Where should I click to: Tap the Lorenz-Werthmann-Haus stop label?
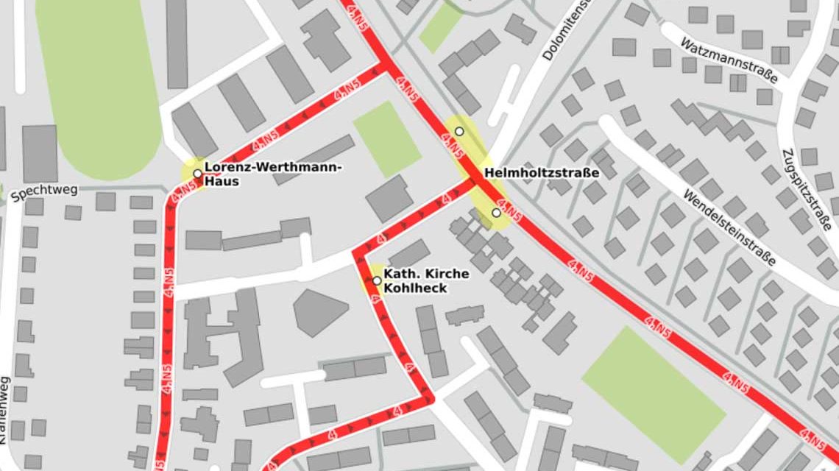(x=272, y=174)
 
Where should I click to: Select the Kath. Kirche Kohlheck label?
(x=426, y=281)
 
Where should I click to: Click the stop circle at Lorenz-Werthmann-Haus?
(x=197, y=174)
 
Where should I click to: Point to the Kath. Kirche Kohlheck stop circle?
(x=377, y=280)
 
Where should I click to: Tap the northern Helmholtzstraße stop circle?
(x=459, y=131)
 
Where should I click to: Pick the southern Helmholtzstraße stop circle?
(x=496, y=213)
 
